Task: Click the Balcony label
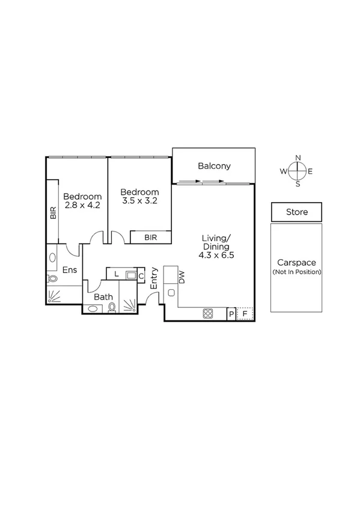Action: pyautogui.click(x=214, y=166)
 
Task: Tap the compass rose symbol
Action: pyautogui.click(x=297, y=171)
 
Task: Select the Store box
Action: pyautogui.click(x=296, y=212)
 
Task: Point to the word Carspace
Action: pyautogui.click(x=296, y=263)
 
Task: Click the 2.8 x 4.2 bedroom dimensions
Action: pyautogui.click(x=82, y=205)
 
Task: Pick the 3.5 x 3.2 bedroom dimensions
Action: pyautogui.click(x=139, y=201)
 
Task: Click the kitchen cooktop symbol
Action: pyautogui.click(x=209, y=313)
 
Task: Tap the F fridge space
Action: pyautogui.click(x=245, y=313)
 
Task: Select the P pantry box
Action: pyautogui.click(x=231, y=313)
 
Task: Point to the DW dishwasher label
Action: pyautogui.click(x=181, y=277)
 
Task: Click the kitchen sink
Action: pyautogui.click(x=171, y=293)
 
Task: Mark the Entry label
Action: pyautogui.click(x=154, y=278)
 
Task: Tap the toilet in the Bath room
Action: pyautogui.click(x=112, y=307)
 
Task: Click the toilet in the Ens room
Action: pyautogui.click(x=52, y=278)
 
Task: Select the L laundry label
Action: pyautogui.click(x=116, y=275)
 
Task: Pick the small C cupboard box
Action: pyautogui.click(x=141, y=276)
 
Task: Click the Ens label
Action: pyautogui.click(x=69, y=270)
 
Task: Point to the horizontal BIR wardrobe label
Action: pyautogui.click(x=150, y=238)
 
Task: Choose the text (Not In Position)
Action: pyautogui.click(x=296, y=272)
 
